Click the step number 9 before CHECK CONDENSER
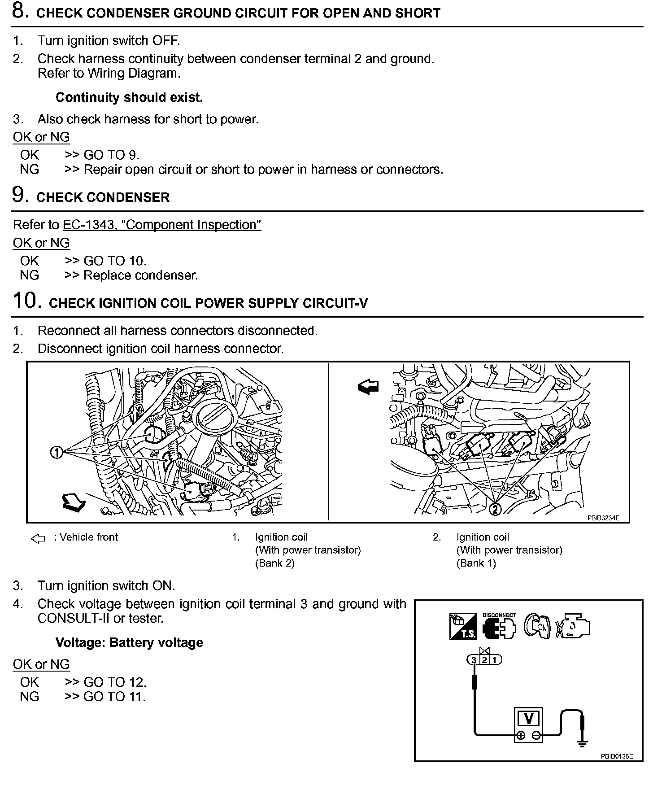[20, 195]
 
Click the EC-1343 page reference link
[161, 225]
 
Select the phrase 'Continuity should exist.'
[129, 97]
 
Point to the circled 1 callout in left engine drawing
[57, 453]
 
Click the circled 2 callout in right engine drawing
[495, 509]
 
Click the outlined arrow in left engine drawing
[73, 502]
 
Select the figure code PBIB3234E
[603, 518]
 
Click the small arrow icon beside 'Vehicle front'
[39, 538]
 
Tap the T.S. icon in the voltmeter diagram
[463, 626]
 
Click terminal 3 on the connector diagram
[474, 660]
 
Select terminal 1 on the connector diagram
[495, 660]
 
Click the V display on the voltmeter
[528, 719]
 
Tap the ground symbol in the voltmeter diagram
[582, 745]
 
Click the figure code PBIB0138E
[617, 756]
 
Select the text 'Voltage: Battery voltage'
[129, 642]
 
